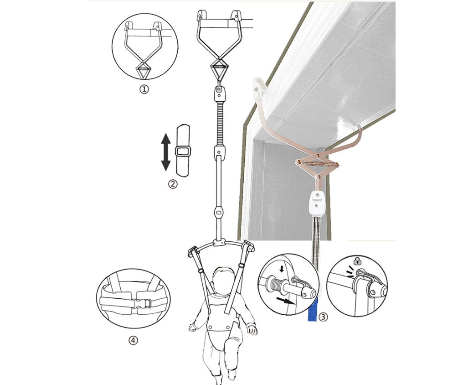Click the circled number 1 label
click(x=144, y=89)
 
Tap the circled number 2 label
click(x=173, y=184)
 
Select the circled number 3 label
click(x=323, y=316)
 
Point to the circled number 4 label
click(x=133, y=340)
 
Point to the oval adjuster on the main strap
click(x=219, y=212)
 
